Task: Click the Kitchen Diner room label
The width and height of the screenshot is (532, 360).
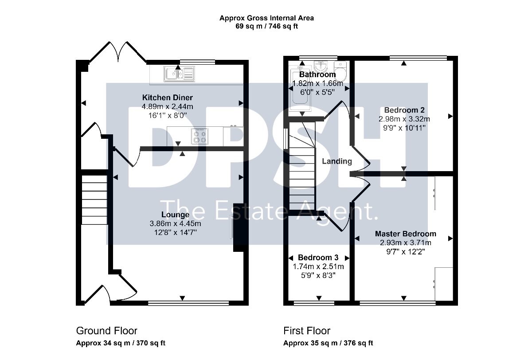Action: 168,98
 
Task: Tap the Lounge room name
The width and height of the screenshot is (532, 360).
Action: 175,215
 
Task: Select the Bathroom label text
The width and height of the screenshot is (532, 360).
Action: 317,74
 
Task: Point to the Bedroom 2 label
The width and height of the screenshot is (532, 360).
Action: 404,110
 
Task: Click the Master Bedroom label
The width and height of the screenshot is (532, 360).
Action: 406,234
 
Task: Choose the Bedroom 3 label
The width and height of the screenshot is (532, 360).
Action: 318,258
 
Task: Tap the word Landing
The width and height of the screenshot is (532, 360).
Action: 337,161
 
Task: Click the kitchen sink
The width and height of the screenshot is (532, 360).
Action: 179,74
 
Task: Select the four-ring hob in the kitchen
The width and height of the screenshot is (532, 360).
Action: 200,137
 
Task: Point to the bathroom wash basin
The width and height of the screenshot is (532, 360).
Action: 321,66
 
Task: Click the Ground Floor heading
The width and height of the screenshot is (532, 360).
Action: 107,331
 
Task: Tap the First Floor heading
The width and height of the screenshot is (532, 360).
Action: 307,331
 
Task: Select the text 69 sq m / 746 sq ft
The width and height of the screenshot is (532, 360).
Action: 266,26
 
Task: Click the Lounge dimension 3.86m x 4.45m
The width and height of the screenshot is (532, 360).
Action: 175,223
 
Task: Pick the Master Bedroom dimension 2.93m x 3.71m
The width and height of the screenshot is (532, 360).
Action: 406,243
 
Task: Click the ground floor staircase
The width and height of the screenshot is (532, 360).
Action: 94,200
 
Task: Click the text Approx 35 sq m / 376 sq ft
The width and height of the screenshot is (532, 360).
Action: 328,343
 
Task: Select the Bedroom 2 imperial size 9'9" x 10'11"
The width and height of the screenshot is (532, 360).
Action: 404,128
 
